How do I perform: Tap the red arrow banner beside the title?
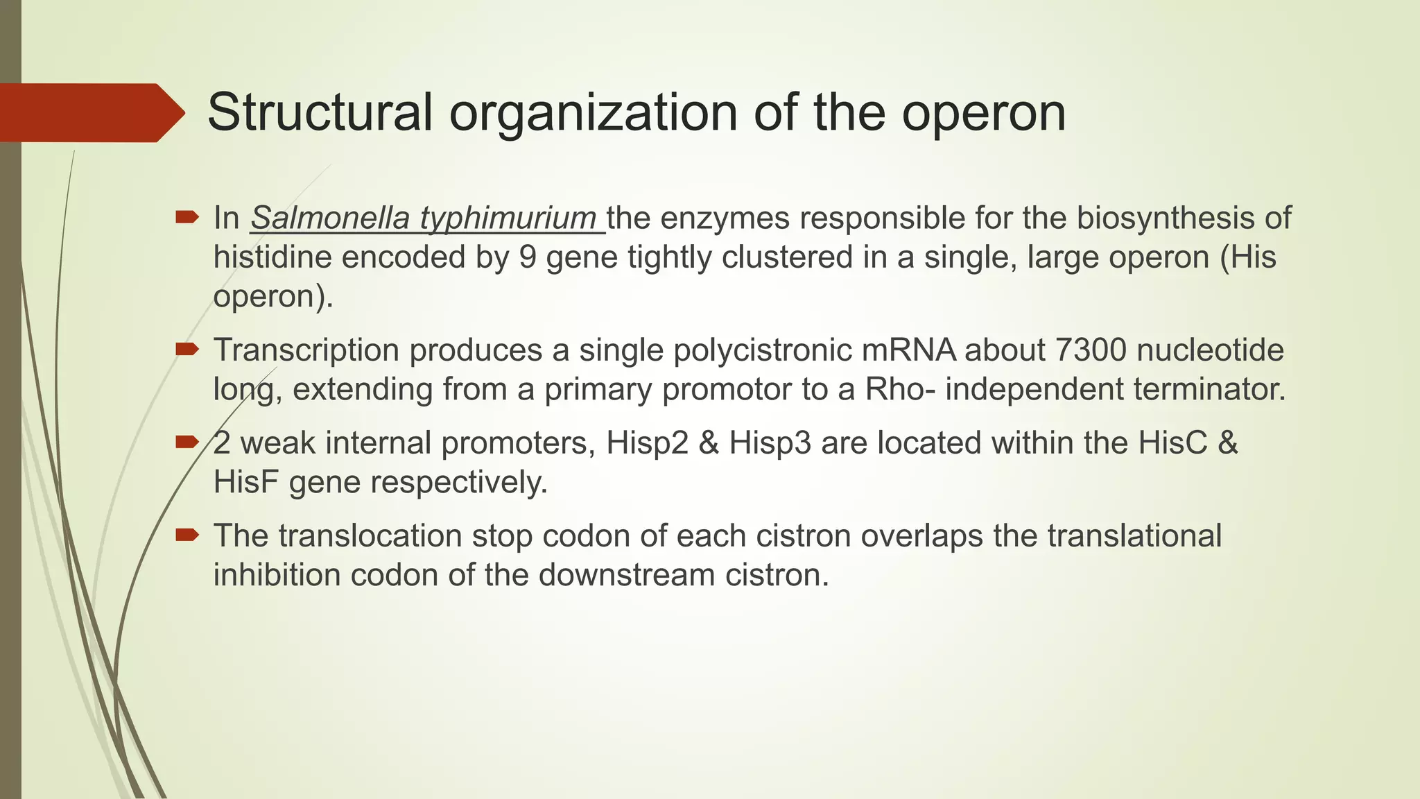[x=90, y=113]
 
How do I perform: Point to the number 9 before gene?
[x=527, y=257]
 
